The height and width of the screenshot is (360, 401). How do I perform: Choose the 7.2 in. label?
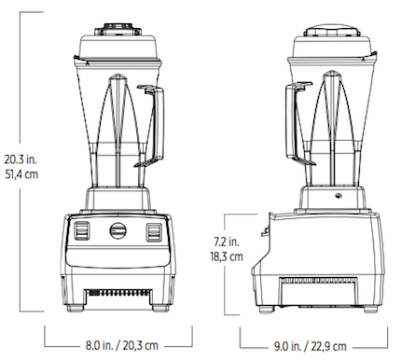(x=228, y=241)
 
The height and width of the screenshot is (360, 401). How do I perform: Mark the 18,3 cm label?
(x=228, y=256)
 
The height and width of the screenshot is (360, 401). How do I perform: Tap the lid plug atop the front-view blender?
(x=118, y=21)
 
